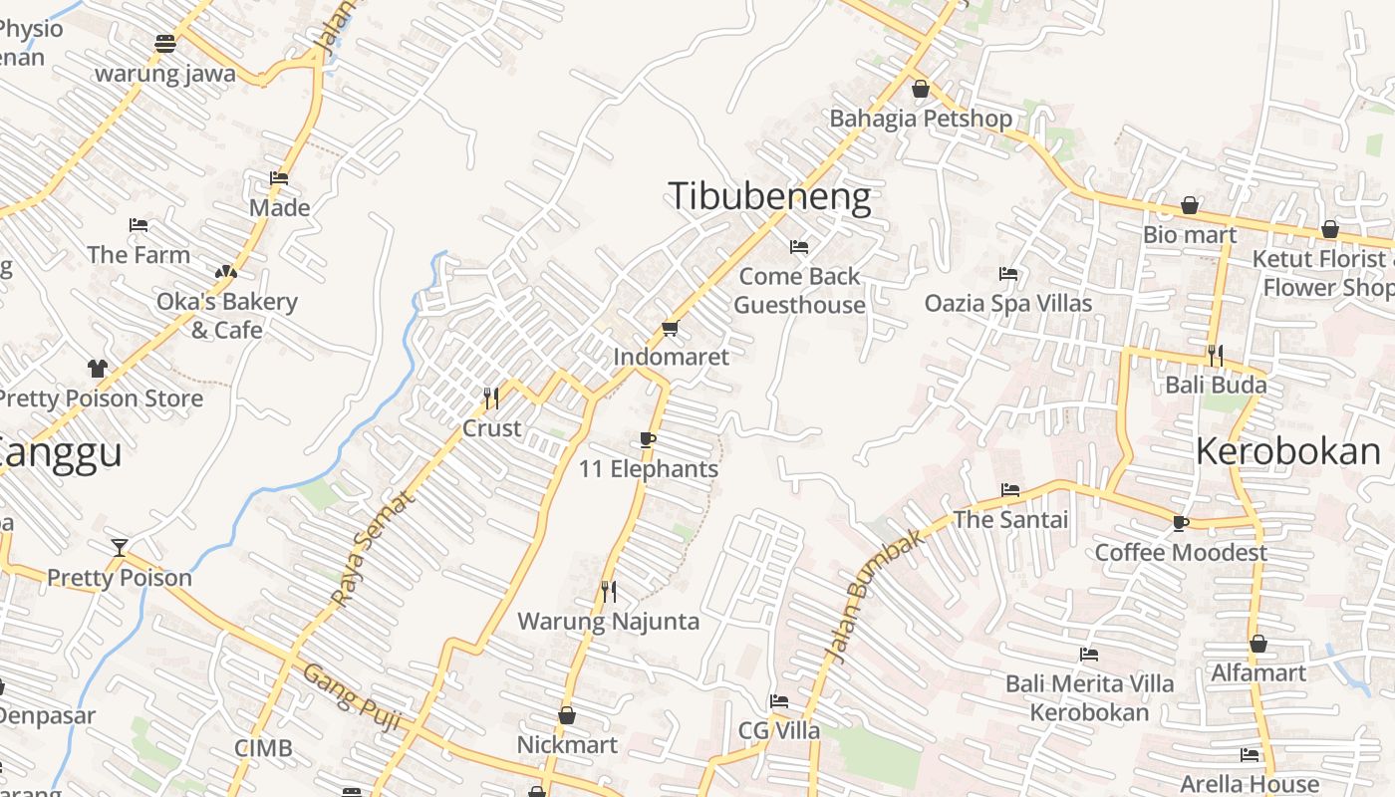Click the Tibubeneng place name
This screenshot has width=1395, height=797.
point(769,197)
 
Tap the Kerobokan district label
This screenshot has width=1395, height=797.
point(1287,452)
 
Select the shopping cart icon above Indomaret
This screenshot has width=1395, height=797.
point(671,328)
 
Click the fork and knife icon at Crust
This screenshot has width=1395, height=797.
point(490,398)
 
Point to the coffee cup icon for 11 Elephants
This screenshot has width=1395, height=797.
point(648,439)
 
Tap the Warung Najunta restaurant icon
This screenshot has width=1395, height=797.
point(608,592)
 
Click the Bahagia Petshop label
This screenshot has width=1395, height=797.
point(921,119)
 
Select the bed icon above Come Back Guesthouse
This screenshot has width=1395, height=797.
point(798,246)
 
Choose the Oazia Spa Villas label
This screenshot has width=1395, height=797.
point(1008,303)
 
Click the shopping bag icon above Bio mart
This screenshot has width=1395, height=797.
point(1189,205)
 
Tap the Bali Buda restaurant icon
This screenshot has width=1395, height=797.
point(1215,355)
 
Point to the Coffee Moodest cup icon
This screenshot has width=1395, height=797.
point(1181,523)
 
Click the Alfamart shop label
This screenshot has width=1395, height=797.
point(1257,673)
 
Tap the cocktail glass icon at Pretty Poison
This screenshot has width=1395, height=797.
point(120,547)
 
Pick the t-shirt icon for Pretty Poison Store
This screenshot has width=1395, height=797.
point(97,368)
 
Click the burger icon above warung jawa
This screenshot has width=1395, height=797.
point(165,44)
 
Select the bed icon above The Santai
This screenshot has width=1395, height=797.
point(1009,490)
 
